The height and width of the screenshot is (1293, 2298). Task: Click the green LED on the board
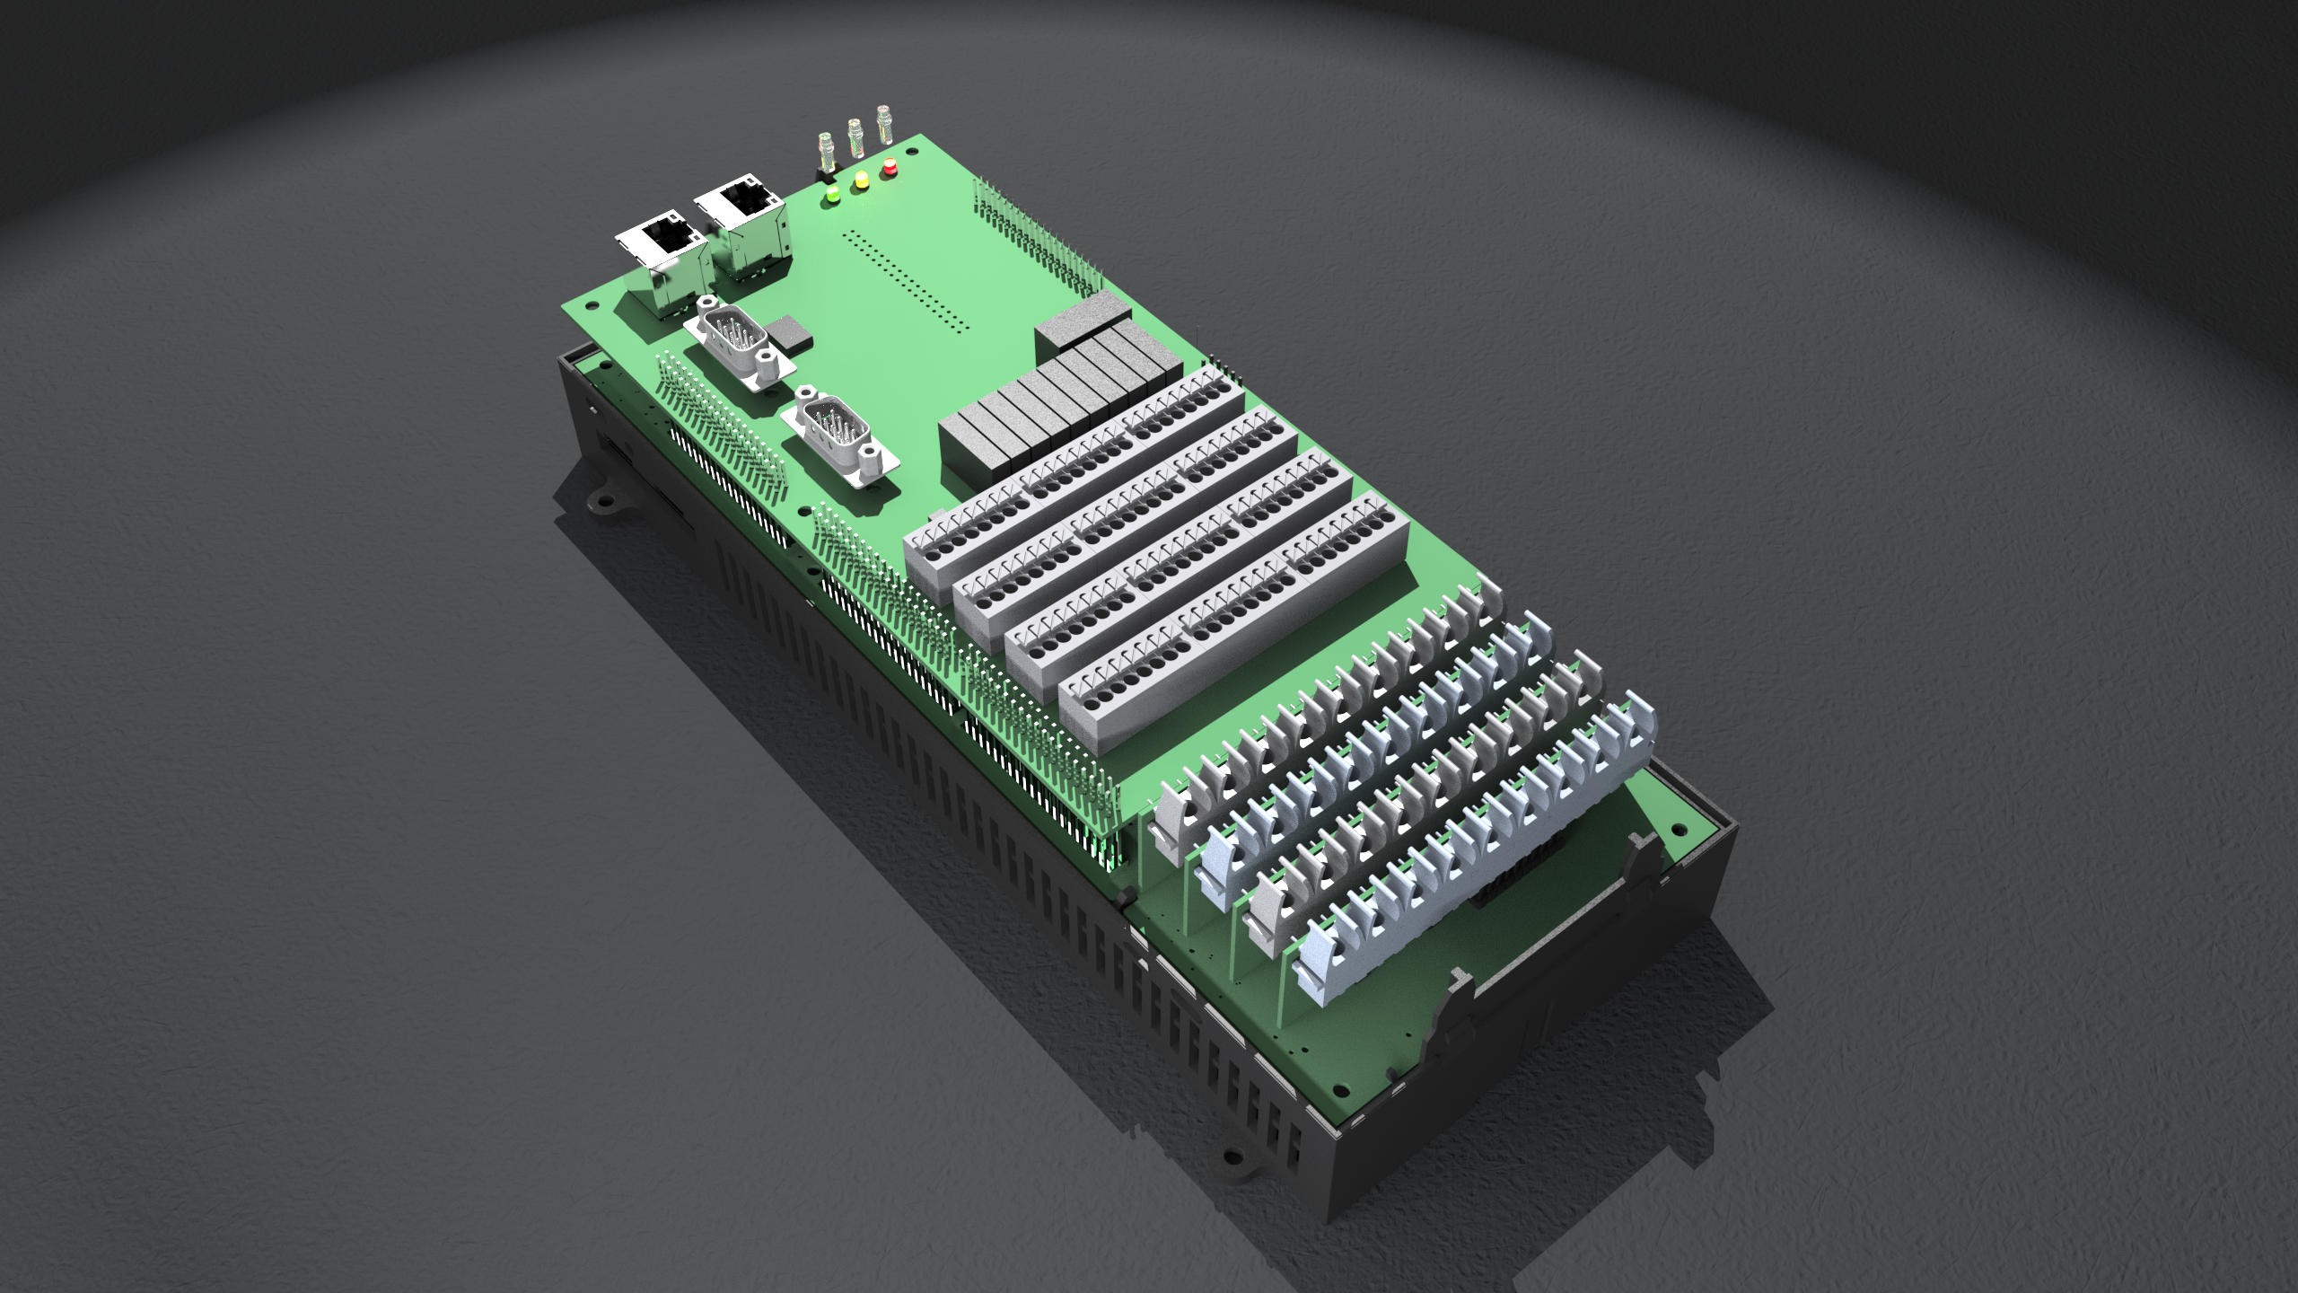pyautogui.click(x=832, y=192)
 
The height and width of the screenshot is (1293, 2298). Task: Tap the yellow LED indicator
pyautogui.click(x=861, y=179)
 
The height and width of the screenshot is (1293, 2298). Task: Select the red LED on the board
pyautogui.click(x=890, y=166)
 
